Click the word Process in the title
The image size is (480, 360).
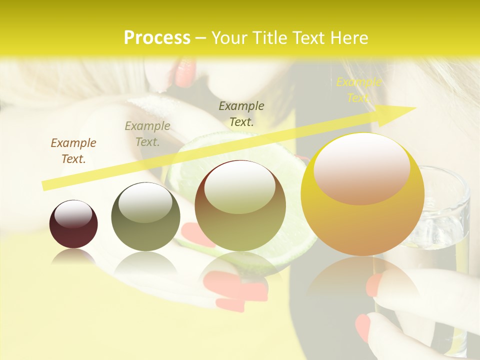pos(157,38)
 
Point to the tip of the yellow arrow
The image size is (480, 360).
pos(415,108)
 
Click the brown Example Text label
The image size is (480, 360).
pos(73,151)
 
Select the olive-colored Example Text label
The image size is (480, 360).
pos(147,134)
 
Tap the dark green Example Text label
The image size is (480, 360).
pos(241,113)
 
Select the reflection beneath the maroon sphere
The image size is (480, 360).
pos(73,257)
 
